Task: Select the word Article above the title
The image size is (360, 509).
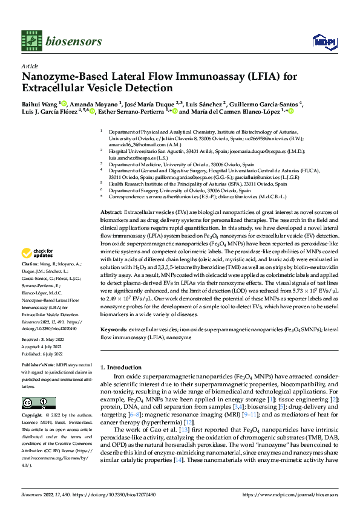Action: coord(30,65)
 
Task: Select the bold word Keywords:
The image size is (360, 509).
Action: coord(114,330)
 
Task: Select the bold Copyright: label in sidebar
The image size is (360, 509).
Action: coord(33,417)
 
